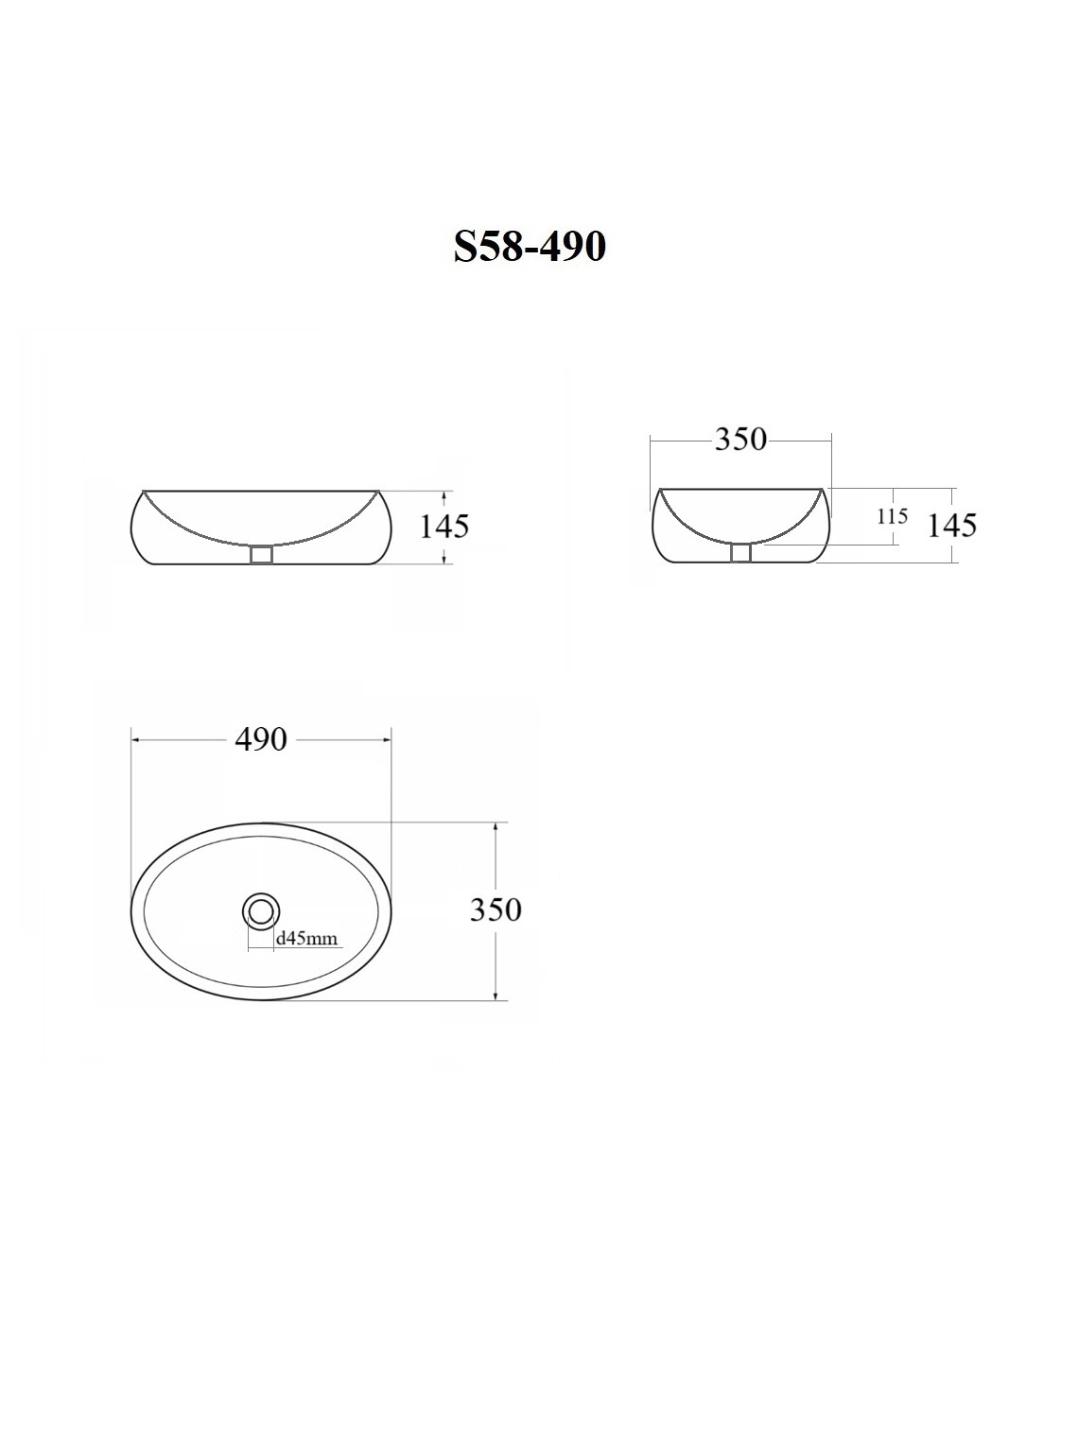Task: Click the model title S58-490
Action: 530,247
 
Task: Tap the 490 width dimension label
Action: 260,739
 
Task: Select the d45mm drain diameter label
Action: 307,939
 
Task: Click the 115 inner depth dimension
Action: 893,516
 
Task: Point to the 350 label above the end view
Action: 740,440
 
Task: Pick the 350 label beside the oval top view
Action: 496,909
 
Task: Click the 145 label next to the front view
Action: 444,527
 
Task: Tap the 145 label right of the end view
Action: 952,525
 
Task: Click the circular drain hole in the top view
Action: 261,910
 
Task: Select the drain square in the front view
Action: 261,556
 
